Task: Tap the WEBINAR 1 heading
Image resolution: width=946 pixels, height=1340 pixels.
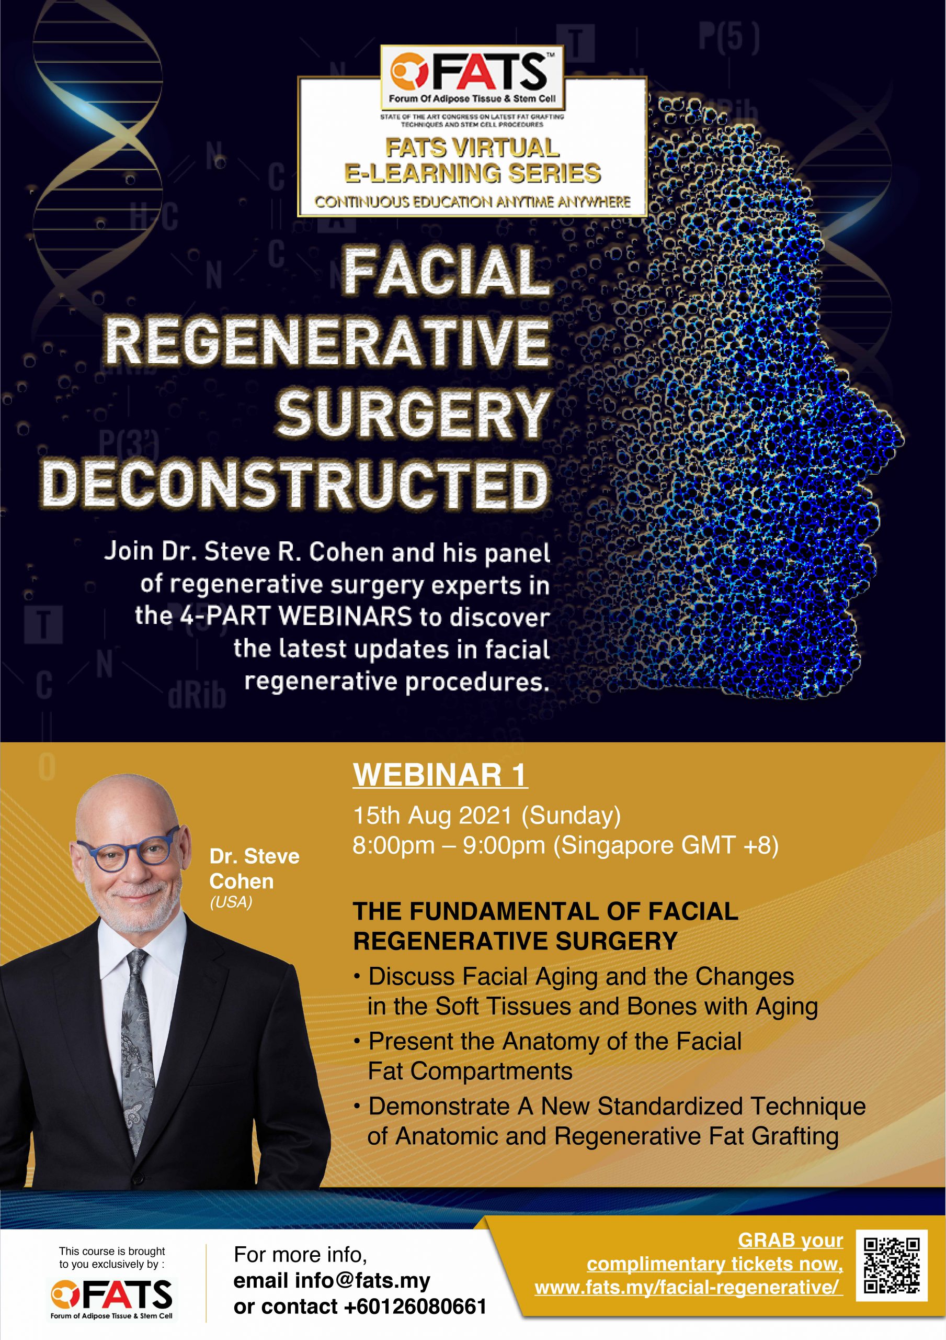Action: pyautogui.click(x=440, y=776)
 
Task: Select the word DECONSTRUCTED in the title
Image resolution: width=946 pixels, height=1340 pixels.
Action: pyautogui.click(x=295, y=484)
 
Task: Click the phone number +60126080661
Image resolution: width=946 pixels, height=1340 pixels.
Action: pyautogui.click(x=415, y=1306)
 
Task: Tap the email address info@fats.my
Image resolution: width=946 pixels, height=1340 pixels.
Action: pyautogui.click(x=362, y=1280)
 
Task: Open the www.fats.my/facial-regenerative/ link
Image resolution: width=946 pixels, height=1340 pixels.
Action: pyautogui.click(x=688, y=1287)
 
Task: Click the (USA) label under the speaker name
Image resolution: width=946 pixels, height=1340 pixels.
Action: pyautogui.click(x=231, y=902)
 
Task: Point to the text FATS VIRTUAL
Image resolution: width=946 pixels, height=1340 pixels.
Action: pyautogui.click(x=472, y=148)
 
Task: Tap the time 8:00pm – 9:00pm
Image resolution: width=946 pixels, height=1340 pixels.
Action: pyautogui.click(x=449, y=845)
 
